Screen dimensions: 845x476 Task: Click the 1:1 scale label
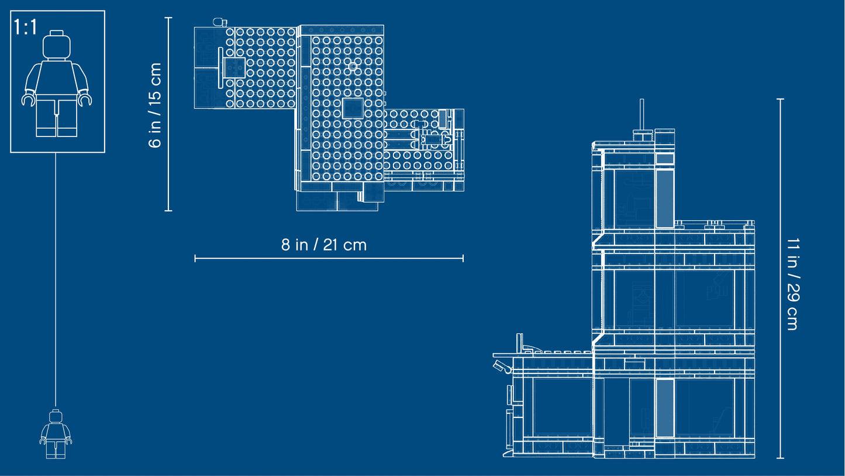pos(25,27)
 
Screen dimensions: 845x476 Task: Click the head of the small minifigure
pos(56,416)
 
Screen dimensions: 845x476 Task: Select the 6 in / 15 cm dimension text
pos(155,105)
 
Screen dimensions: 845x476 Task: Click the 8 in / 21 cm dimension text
pos(323,245)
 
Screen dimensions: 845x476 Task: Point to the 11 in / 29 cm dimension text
pos(793,284)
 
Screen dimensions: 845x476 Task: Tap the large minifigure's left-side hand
pos(28,100)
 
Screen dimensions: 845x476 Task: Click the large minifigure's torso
pos(57,77)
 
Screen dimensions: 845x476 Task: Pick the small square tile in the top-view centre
pos(353,108)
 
